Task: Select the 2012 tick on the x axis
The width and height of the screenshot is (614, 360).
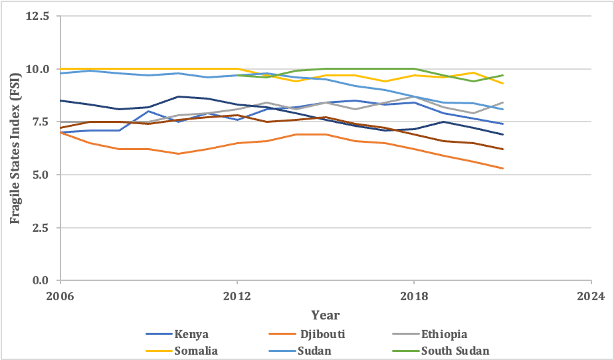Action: [237, 296]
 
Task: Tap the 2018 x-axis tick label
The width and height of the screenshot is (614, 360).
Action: [414, 296]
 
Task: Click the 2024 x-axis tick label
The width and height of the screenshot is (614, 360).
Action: [591, 296]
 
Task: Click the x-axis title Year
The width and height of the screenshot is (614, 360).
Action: [326, 314]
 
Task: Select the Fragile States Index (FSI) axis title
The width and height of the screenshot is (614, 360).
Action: [15, 147]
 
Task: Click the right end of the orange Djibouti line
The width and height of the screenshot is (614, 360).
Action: [502, 169]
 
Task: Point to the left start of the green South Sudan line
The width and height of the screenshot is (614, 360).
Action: [237, 75]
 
